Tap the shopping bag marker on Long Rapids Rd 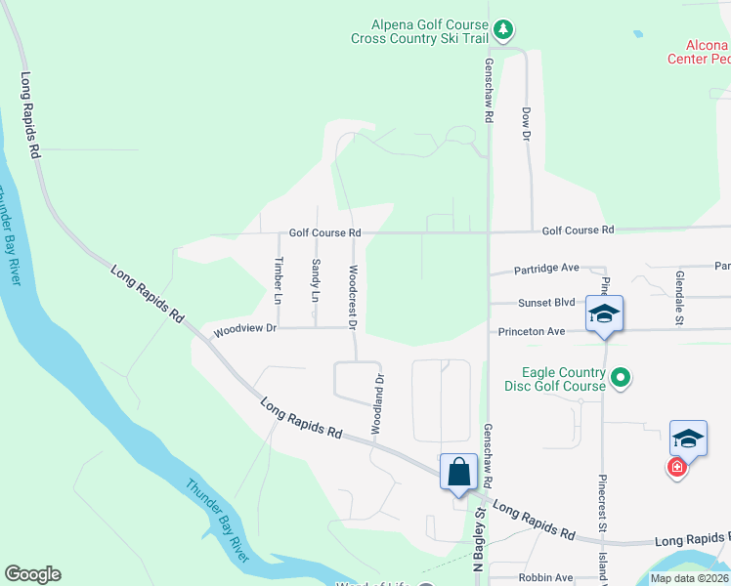458,473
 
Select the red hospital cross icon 675,469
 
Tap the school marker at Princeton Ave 604,314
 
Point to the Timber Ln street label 279,278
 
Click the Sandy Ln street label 315,280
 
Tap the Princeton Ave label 532,332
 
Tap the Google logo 32,574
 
